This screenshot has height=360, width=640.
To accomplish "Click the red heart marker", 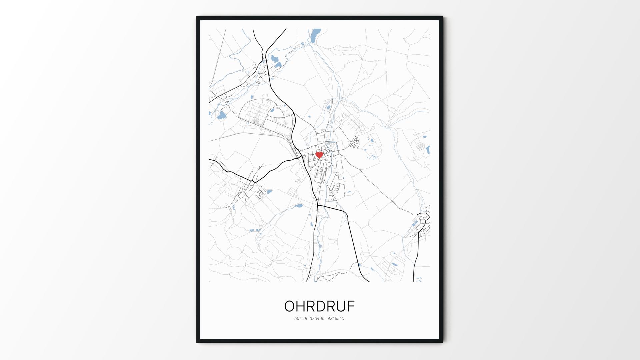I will tap(319, 155).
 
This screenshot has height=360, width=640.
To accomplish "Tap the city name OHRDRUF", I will tap(319, 306).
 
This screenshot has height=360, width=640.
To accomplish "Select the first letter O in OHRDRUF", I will tap(290, 306).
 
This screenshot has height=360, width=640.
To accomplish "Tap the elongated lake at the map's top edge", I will tap(314, 35).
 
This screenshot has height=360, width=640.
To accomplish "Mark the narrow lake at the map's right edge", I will tap(428, 149).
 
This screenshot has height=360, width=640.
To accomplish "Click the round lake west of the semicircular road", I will tap(221, 116).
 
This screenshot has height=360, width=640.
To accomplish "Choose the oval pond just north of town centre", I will tap(329, 108).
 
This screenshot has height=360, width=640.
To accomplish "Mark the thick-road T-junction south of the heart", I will tap(318, 205).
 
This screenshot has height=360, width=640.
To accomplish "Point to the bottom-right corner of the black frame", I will tap(442, 342).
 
